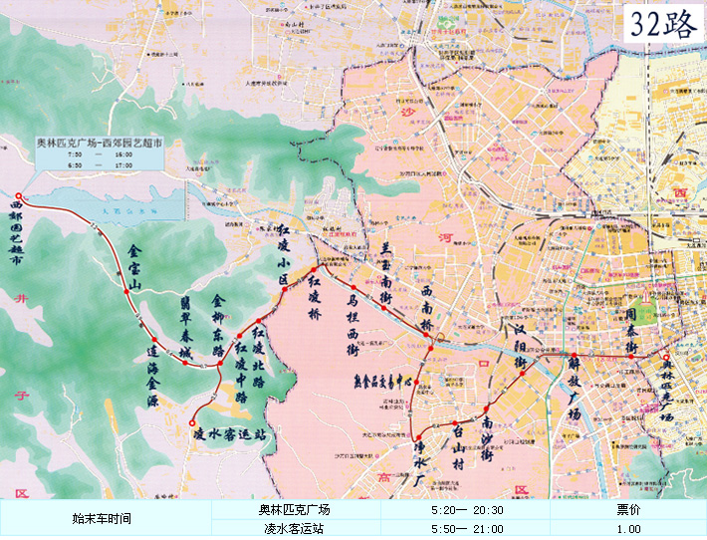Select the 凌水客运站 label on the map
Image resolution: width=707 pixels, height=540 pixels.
[230, 435]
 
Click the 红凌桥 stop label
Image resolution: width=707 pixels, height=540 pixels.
[315, 297]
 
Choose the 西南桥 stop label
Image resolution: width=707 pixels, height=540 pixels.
[426, 309]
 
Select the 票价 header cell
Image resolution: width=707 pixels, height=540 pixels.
[628, 509]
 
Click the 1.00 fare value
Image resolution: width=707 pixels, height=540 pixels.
[628, 529]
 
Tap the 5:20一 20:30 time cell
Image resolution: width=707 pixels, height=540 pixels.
[467, 509]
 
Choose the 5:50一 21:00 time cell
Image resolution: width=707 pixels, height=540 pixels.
[467, 529]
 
